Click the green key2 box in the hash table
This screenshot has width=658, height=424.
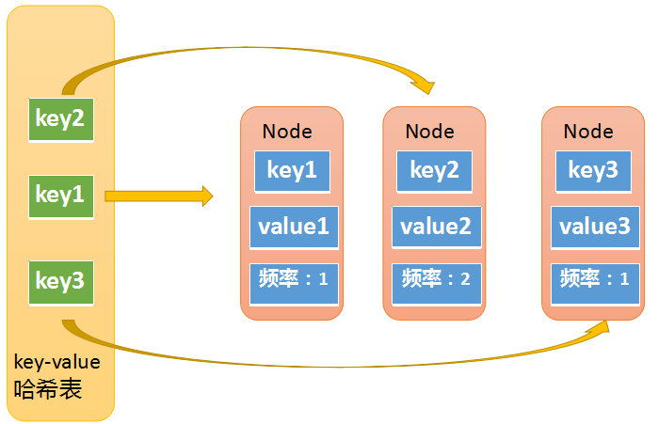point(60,118)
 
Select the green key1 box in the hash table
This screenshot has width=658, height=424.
point(60,196)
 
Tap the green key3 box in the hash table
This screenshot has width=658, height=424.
point(60,280)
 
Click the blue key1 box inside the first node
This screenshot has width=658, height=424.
point(291,170)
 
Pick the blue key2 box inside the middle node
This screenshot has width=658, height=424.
point(434,170)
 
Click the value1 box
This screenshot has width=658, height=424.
point(291,227)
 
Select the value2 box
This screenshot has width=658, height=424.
point(434,227)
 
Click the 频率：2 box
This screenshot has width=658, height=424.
point(434,278)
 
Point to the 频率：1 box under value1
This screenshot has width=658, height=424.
point(291,278)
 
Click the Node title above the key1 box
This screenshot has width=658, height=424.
point(287,132)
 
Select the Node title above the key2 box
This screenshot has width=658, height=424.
point(430,132)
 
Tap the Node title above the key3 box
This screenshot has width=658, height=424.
point(588,132)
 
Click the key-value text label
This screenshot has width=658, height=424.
point(57,360)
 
